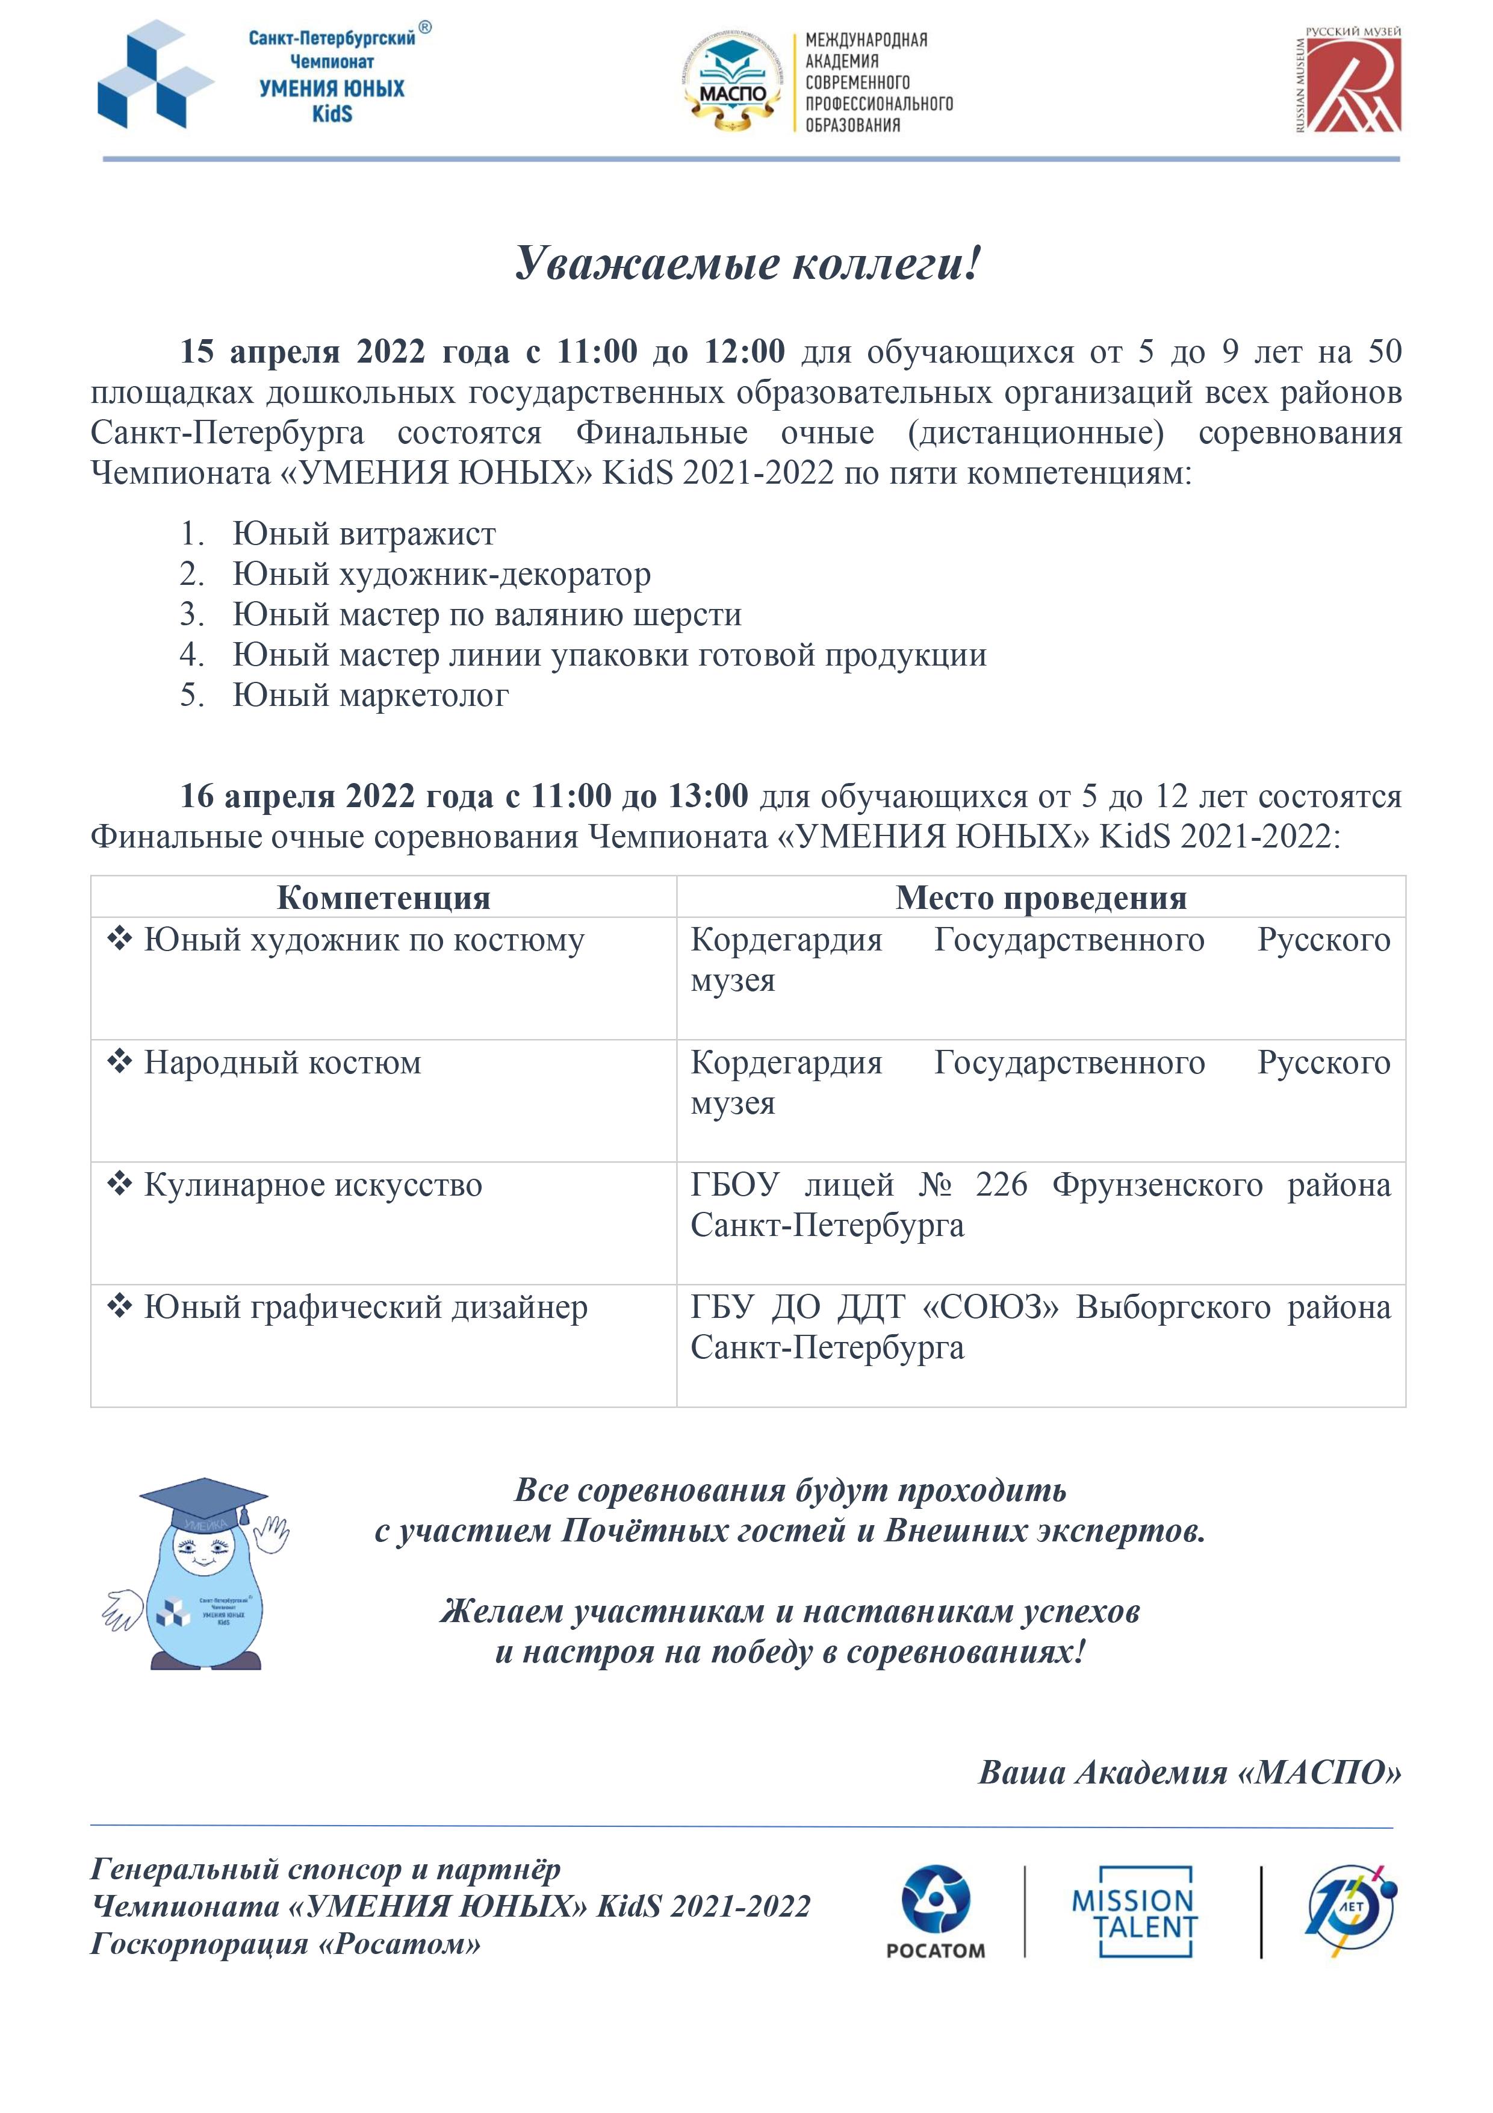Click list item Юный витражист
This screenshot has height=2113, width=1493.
click(x=364, y=534)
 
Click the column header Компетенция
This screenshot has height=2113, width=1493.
click(x=383, y=897)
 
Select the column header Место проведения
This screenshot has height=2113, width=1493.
click(x=1040, y=897)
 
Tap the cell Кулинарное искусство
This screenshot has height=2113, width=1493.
click(x=313, y=1185)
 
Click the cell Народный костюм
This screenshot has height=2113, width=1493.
click(x=282, y=1063)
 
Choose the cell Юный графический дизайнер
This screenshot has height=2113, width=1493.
click(x=365, y=1308)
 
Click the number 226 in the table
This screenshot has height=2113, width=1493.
click(x=1001, y=1185)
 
